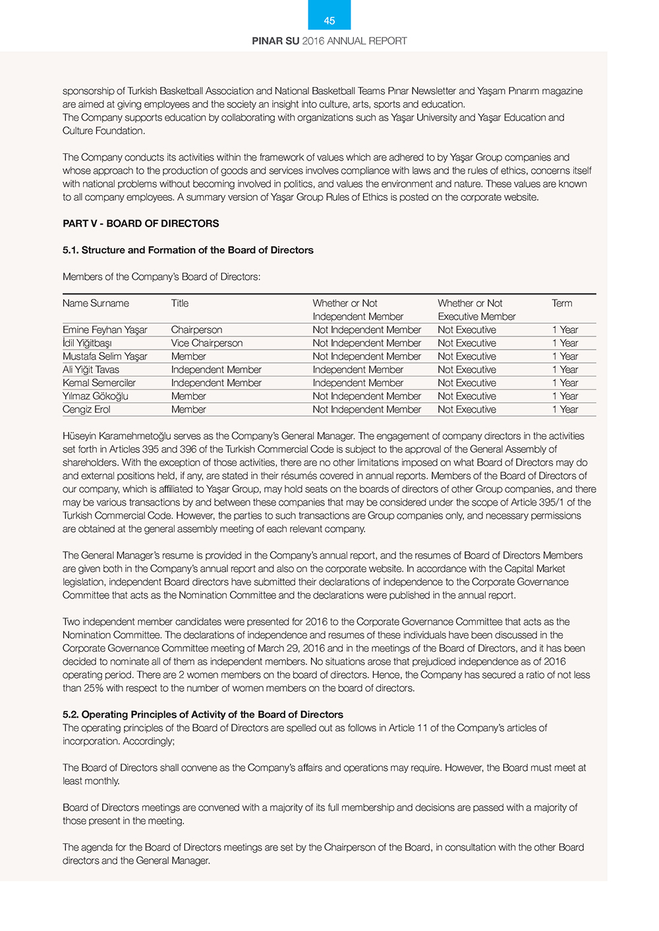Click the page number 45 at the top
coord(329,21)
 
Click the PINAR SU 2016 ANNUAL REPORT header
coord(329,41)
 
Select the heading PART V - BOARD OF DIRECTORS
coord(141,224)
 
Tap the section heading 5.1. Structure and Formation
coord(188,250)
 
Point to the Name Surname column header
coord(96,304)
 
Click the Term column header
coord(562,304)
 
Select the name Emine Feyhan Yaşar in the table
coord(105,330)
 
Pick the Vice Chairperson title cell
coord(207,343)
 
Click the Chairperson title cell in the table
coord(196,330)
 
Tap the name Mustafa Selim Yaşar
coord(105,356)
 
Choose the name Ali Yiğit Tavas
coord(91,369)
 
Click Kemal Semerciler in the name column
coord(99,383)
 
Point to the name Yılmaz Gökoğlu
coord(96,396)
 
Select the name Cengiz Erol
coord(86,409)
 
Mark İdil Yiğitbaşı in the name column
coord(87,343)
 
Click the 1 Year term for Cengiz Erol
coord(565,409)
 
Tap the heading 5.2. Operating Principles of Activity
coord(203,714)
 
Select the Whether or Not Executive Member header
coord(476,309)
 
